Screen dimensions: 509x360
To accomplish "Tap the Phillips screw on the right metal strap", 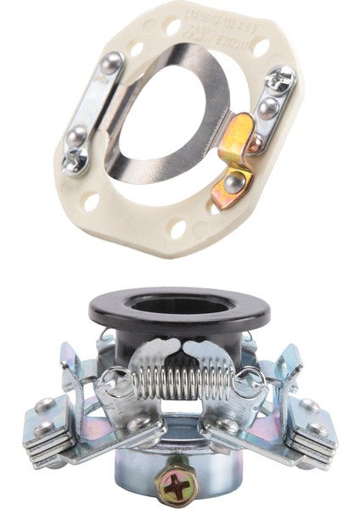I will (278, 80).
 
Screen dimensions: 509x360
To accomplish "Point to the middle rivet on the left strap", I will (76, 133).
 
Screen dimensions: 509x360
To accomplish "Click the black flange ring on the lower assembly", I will (180, 313).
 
